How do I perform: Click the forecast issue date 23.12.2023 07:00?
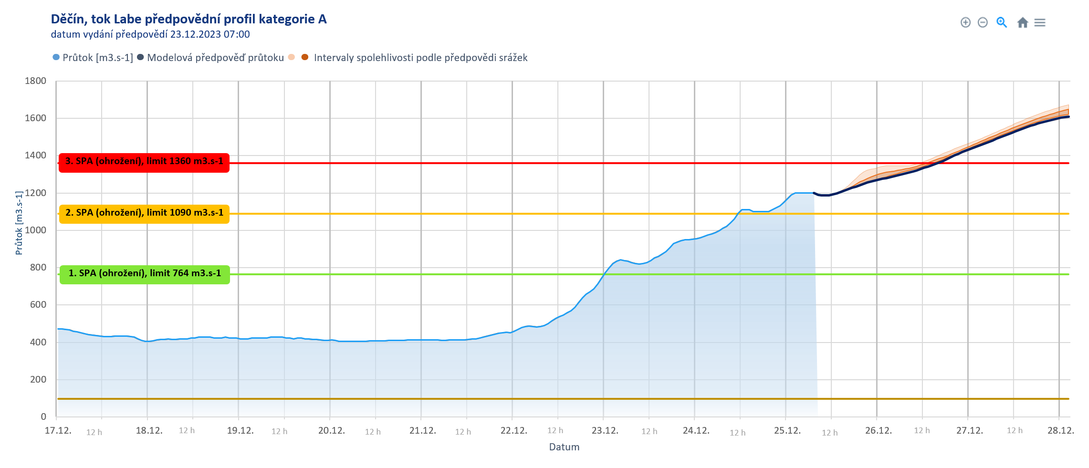click(210, 34)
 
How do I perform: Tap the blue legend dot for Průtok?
click(56, 57)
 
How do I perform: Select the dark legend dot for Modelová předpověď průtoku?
click(140, 57)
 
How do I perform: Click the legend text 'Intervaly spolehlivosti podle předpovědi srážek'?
click(420, 58)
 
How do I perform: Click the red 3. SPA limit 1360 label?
click(144, 162)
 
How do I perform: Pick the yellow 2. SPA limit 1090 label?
click(144, 213)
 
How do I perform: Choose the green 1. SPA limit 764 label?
click(145, 274)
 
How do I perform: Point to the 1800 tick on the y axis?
click(36, 81)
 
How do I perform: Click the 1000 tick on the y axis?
click(36, 230)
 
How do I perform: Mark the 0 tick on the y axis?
click(43, 416)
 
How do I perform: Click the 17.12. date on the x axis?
click(58, 431)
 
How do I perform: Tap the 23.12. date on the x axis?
click(605, 431)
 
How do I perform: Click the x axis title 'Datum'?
click(564, 447)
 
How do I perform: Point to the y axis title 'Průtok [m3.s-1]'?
click(19, 223)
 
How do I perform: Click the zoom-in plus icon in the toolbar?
click(965, 22)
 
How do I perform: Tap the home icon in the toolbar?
click(1022, 22)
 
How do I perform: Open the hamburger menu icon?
click(1040, 22)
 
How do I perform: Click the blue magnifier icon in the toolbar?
click(1002, 22)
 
